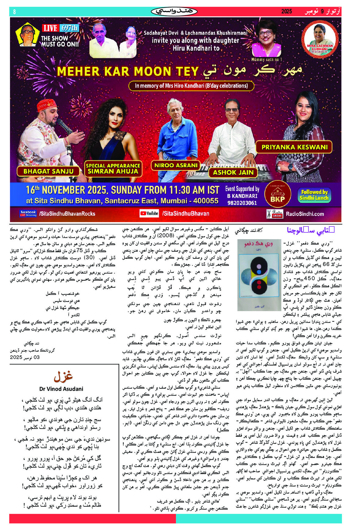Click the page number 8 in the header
tap(14, 12)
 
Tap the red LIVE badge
tap(50, 28)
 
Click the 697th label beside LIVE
tap(70, 28)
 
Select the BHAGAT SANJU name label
tap(49, 171)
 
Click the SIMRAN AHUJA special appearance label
tap(113, 169)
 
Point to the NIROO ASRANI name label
tap(176, 165)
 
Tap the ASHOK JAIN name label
tap(233, 172)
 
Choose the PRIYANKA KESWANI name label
tap(294, 147)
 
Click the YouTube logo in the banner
tap(149, 213)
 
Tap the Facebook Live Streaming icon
tap(28, 213)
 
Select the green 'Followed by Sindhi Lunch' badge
tap(314, 195)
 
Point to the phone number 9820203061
tap(242, 203)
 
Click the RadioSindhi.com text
tap(304, 214)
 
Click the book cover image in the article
tap(259, 275)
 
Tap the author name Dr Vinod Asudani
tap(61, 389)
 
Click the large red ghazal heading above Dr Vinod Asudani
tap(63, 376)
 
